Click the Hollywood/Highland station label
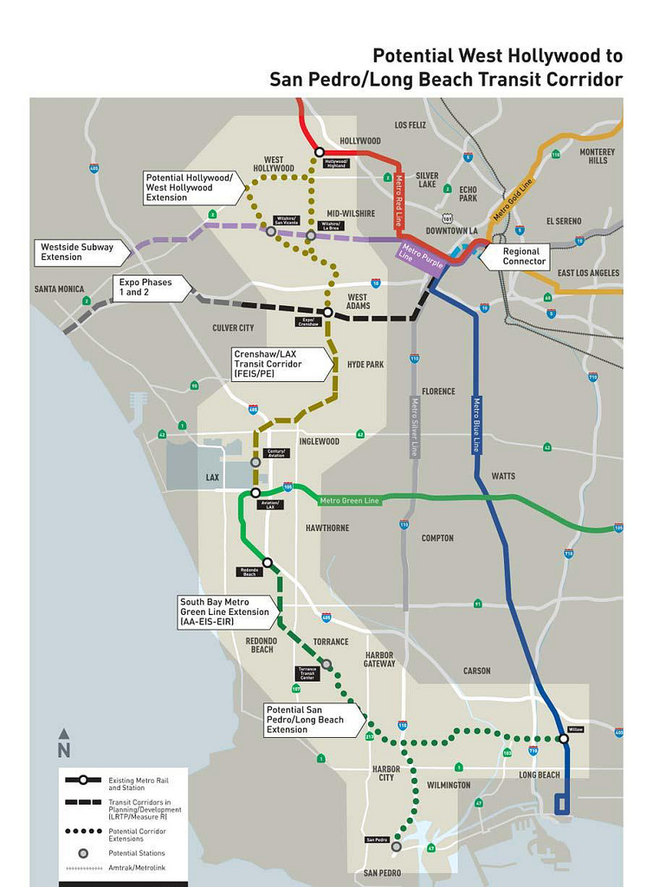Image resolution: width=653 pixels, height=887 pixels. coord(336,164)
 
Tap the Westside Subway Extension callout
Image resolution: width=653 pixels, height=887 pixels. coord(80,252)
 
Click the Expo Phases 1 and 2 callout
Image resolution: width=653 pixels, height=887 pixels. coord(147,288)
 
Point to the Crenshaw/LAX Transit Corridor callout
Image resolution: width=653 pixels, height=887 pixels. coord(278,365)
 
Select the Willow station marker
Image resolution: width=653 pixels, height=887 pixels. coord(564,739)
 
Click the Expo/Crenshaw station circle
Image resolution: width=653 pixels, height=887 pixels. coord(328,312)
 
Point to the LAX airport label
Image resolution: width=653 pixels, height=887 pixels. coord(212,477)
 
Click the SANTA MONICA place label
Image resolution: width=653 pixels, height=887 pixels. coord(60,289)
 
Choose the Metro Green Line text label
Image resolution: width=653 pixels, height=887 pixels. coord(349,501)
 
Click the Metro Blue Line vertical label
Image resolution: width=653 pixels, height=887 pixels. coord(476,424)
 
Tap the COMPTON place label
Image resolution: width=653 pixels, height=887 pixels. coord(437,538)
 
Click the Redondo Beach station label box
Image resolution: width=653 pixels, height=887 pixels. coord(249,573)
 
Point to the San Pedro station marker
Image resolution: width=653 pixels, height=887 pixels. coord(396,846)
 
